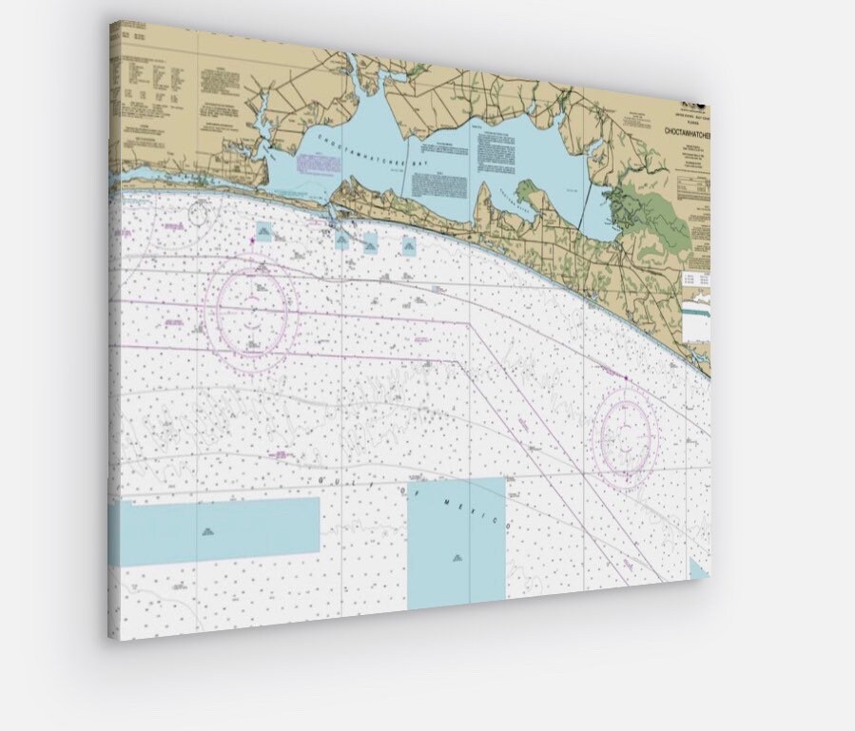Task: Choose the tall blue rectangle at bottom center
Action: [x=457, y=542]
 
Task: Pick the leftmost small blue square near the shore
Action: [x=264, y=231]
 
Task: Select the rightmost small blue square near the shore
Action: [x=409, y=246]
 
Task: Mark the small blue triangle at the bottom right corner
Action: [x=699, y=569]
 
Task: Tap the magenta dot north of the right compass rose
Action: [x=626, y=378]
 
